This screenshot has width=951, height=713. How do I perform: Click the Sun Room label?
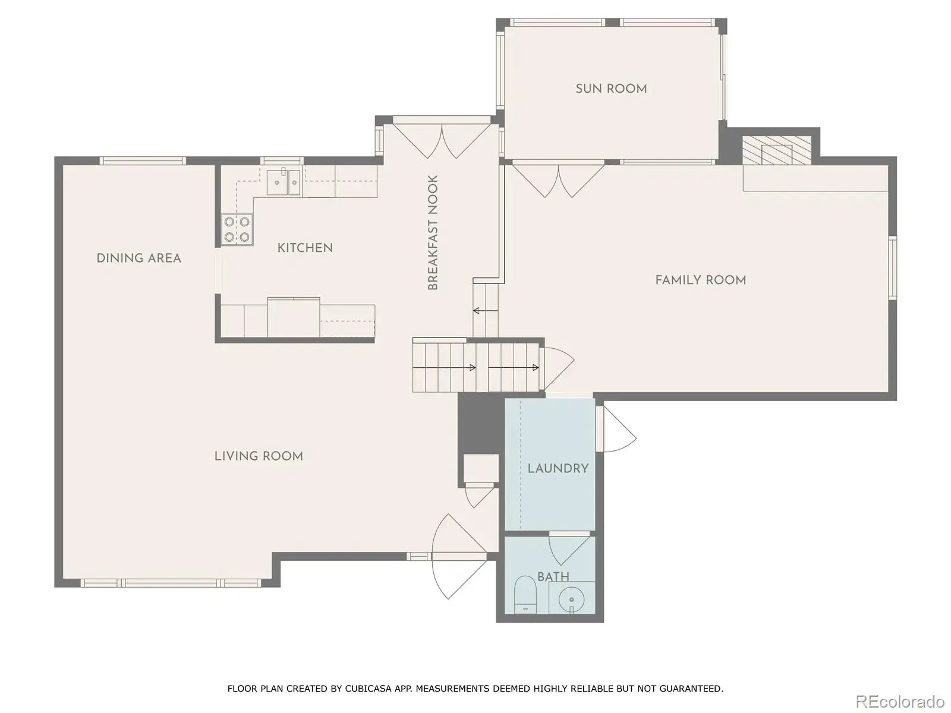(611, 89)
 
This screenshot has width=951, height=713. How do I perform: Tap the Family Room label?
(701, 280)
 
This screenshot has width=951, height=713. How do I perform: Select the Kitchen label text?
(305, 248)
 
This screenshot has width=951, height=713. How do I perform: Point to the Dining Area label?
(138, 258)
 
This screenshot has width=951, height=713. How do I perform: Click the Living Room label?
(259, 456)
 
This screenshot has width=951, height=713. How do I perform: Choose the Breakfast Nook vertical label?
(433, 232)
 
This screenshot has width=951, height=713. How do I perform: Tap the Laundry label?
(558, 468)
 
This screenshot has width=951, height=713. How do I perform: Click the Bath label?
(553, 576)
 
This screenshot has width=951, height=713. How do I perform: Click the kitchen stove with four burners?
(237, 229)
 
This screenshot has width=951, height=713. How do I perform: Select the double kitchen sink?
(284, 182)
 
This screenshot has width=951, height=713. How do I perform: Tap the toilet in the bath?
(525, 594)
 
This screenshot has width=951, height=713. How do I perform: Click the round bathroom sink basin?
(571, 600)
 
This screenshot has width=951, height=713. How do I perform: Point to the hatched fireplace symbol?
(777, 150)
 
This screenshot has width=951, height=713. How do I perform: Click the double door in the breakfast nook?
(442, 141)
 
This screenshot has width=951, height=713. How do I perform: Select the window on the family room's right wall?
(893, 267)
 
